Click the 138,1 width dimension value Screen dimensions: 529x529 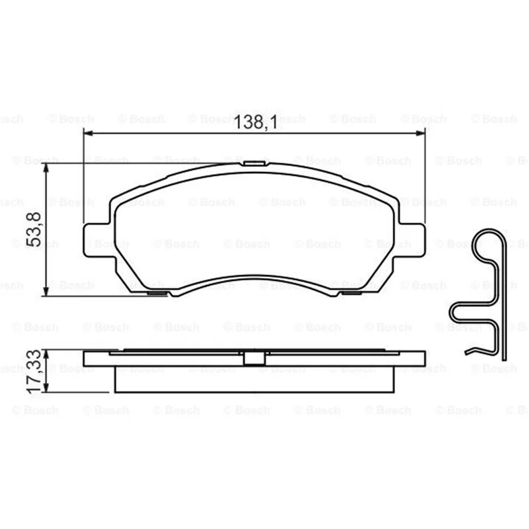tap(255, 122)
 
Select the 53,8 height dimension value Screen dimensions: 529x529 tap(34, 229)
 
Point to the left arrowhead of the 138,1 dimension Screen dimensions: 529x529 tap(88, 134)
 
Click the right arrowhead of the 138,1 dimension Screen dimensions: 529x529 tap(421, 134)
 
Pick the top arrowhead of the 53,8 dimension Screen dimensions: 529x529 tap(46, 168)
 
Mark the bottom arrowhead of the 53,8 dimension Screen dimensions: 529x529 tap(46, 292)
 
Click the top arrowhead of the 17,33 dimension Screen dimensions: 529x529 tap(46, 354)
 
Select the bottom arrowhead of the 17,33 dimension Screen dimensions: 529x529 tap(46, 387)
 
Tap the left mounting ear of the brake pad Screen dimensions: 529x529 tap(97, 240)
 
